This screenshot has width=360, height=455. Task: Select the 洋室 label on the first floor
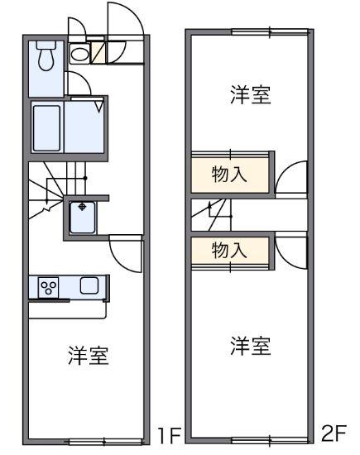point(88,357)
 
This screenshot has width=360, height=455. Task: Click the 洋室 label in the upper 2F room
point(250,95)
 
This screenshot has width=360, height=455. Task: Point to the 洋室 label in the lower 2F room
point(250,345)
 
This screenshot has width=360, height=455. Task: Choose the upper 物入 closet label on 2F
point(231,175)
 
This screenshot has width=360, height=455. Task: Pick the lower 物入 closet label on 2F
point(231,251)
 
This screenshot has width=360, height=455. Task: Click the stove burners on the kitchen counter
point(50,288)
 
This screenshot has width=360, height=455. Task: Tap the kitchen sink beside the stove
point(89,286)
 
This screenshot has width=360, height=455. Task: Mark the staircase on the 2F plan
point(212,217)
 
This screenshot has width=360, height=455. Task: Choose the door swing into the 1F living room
point(126,252)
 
